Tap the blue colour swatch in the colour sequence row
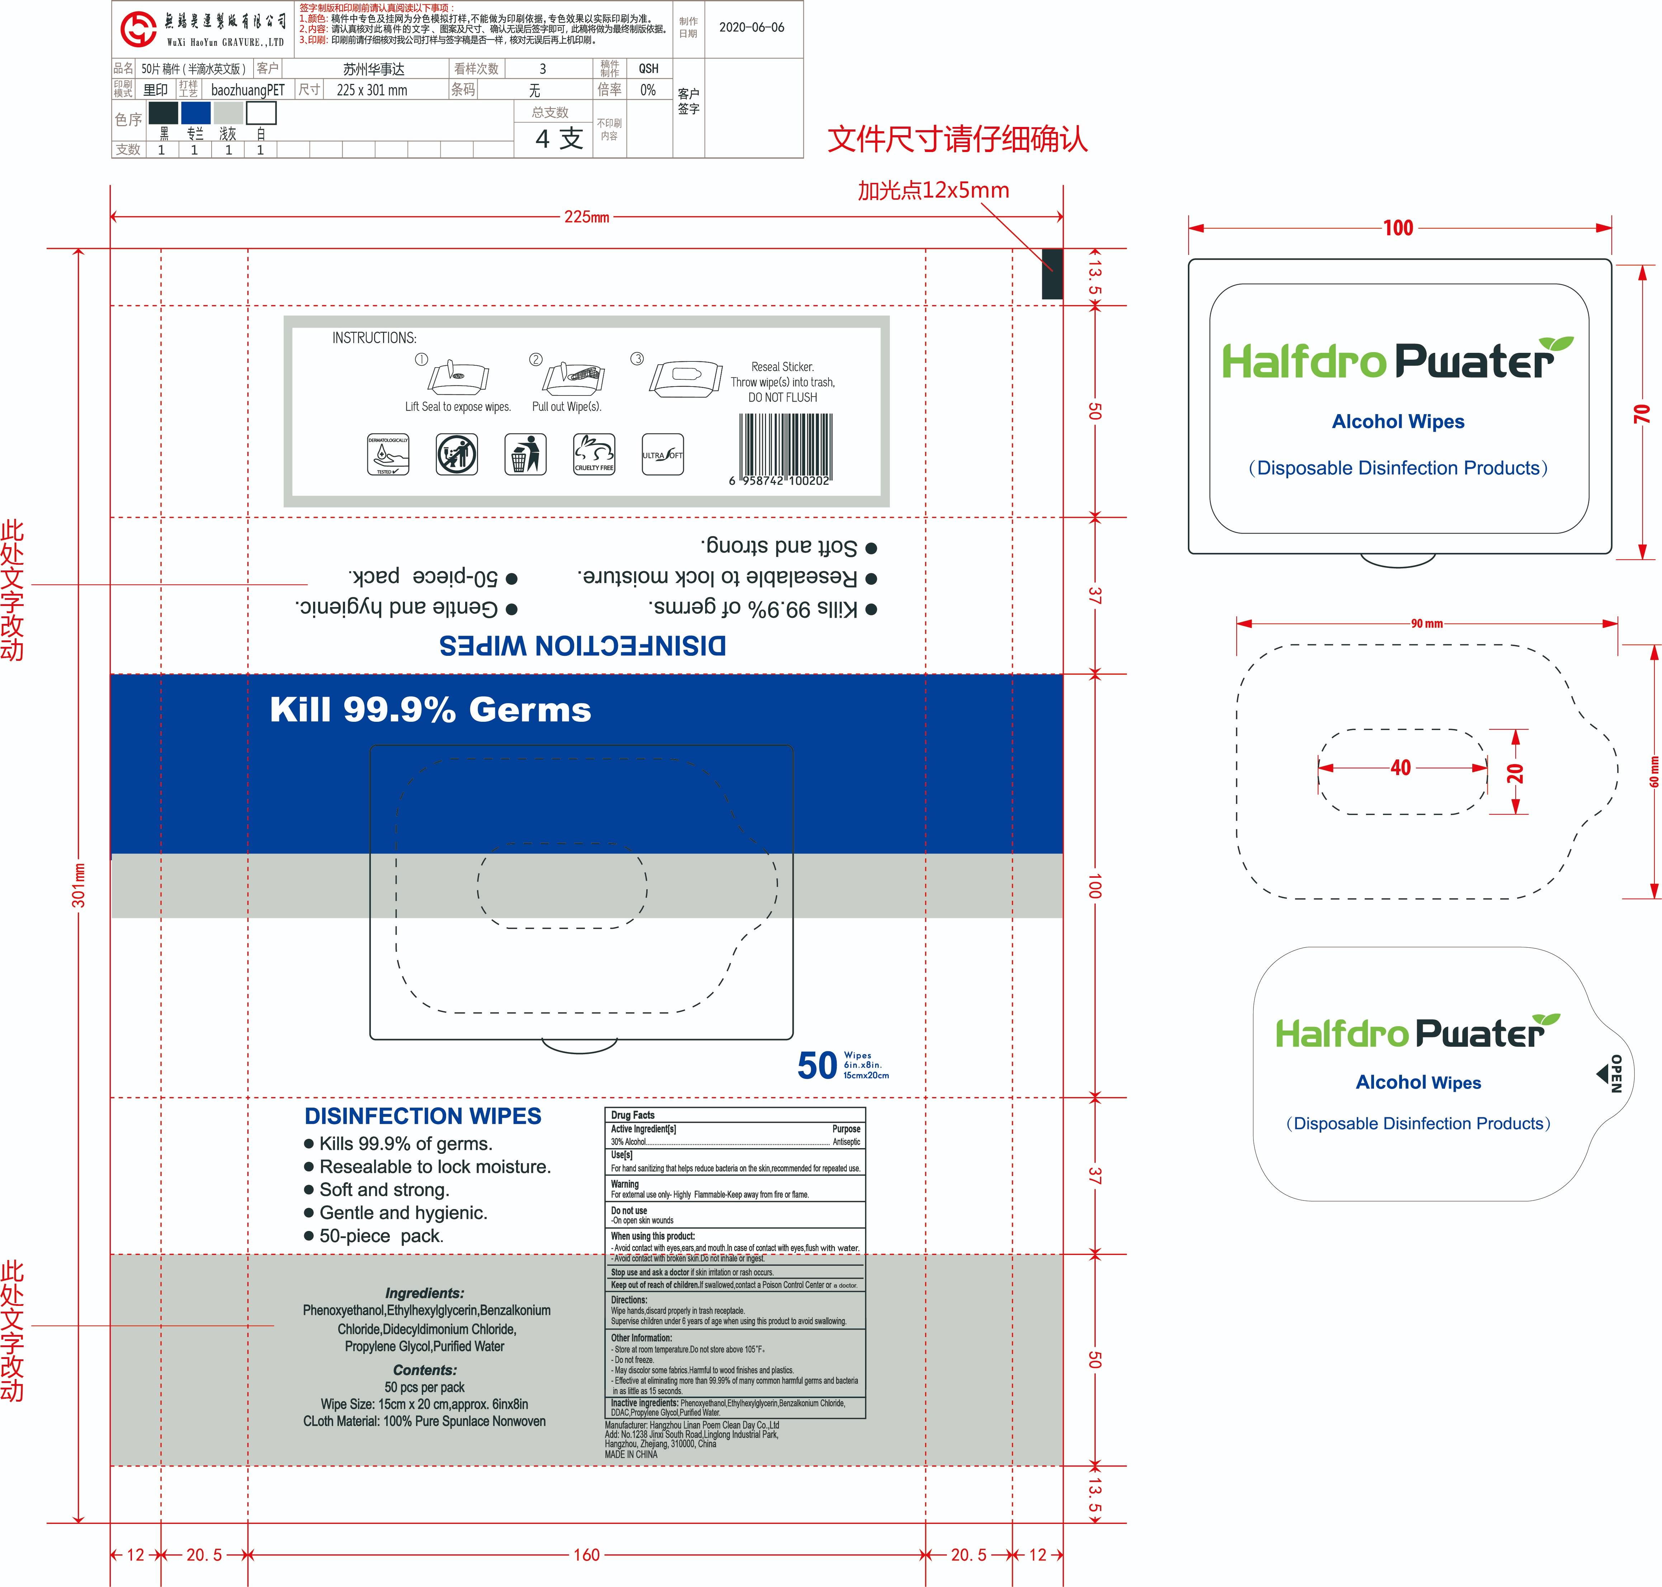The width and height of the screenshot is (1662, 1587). pos(195,113)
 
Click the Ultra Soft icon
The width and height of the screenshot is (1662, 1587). pos(662,454)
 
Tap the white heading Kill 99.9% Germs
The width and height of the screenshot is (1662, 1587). pos(430,710)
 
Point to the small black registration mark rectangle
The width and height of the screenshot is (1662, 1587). pos(1052,273)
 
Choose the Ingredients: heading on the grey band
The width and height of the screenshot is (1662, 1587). pos(425,1293)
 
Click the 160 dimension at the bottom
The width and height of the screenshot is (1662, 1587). pos(586,1555)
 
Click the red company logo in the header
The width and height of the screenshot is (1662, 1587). pos(138,29)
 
